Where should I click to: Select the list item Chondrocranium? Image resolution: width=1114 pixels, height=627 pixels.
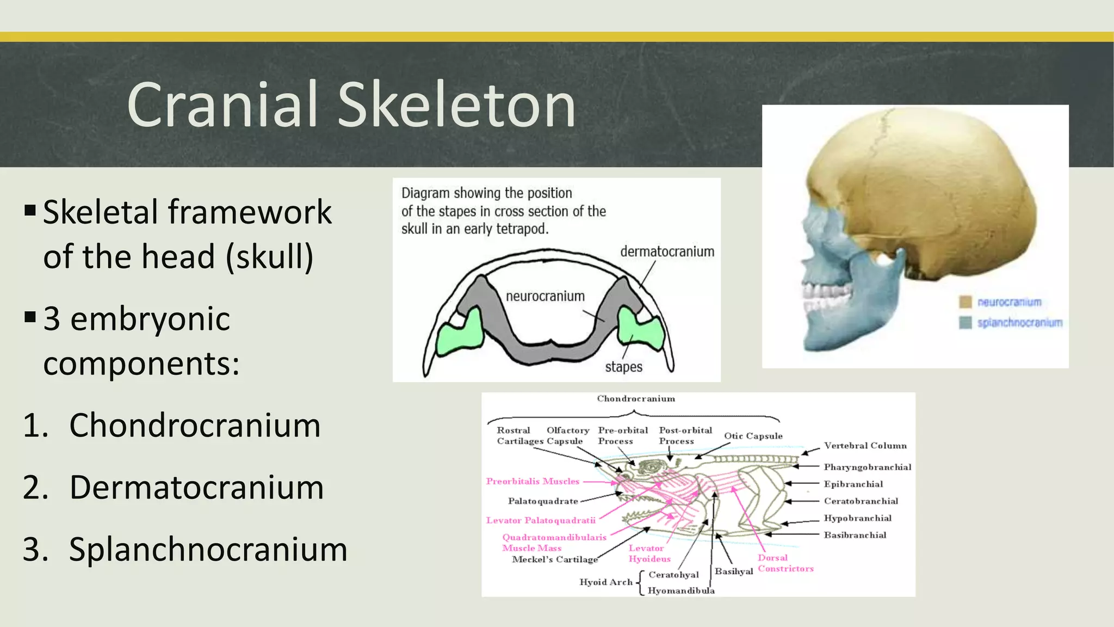point(195,425)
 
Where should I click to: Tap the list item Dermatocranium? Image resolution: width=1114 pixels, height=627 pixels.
point(196,487)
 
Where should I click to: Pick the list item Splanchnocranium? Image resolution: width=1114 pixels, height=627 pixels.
point(208,549)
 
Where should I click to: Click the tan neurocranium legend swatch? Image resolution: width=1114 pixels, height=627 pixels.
point(966,302)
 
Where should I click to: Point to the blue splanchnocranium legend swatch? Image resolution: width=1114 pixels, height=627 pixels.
point(966,323)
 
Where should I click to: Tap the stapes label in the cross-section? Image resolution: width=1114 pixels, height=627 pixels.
point(623,367)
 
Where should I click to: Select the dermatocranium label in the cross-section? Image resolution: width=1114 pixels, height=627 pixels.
point(667,251)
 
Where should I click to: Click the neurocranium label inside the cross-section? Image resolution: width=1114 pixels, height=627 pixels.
point(545,296)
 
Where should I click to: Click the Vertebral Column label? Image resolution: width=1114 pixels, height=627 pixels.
point(865,446)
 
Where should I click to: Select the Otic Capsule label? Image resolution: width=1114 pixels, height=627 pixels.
point(753,436)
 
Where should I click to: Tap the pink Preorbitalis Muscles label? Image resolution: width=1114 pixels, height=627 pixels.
point(533,481)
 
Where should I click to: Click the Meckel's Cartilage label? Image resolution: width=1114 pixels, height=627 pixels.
point(554,560)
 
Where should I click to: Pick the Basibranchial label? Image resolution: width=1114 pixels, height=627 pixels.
point(855,535)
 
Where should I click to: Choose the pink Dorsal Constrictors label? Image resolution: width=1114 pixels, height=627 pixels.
point(785,563)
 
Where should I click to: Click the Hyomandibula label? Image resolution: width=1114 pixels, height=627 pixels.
point(680,591)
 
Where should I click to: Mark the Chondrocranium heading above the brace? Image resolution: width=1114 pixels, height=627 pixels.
point(636,399)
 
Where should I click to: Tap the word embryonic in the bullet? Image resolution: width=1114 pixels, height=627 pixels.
point(150,319)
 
